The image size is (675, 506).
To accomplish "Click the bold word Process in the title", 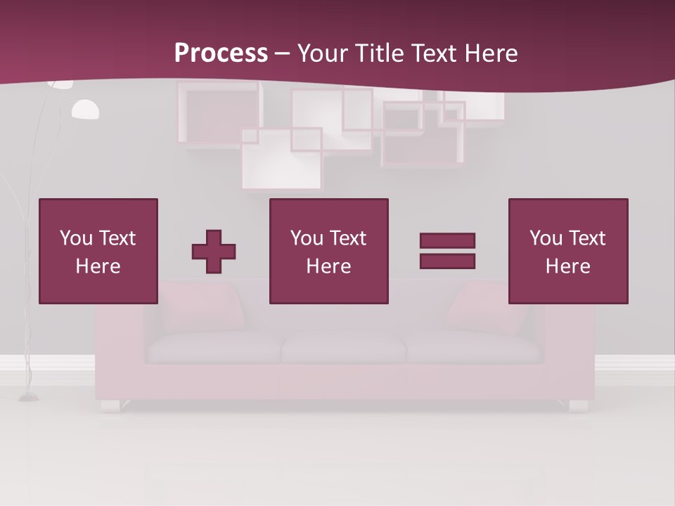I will [221, 53].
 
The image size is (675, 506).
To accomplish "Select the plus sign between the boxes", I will [214, 252].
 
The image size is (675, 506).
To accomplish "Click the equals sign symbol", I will [447, 251].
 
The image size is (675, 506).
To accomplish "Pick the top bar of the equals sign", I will [447, 241].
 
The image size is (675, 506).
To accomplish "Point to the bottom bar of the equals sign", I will [447, 261].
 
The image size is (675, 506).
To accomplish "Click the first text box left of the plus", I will [98, 251].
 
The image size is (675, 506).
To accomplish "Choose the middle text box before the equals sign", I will [328, 251].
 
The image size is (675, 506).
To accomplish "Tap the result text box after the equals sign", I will [568, 251].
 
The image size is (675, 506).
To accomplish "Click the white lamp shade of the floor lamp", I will [85, 110].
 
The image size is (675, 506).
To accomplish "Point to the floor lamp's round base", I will [29, 398].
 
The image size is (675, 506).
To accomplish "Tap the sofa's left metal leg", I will [110, 406].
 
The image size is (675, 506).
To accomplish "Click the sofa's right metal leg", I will [578, 406].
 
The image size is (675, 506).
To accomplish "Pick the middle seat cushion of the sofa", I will [343, 346].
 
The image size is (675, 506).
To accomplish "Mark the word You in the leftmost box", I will [75, 238].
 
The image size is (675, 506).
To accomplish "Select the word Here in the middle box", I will [328, 266].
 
